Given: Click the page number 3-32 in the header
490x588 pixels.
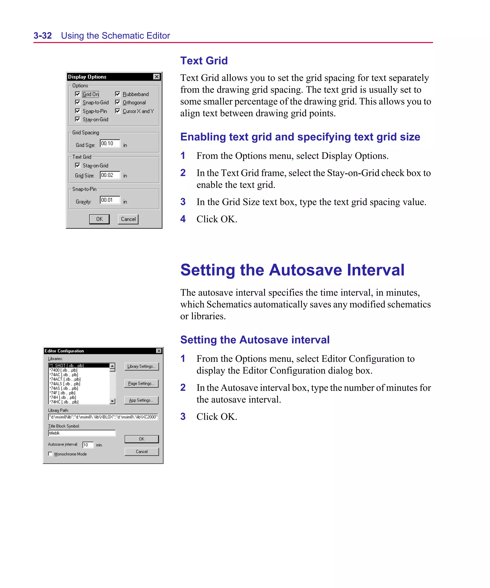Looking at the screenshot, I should [43, 36].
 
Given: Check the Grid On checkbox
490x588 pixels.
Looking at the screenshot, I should [78, 94].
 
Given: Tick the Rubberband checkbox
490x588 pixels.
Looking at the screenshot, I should [118, 94].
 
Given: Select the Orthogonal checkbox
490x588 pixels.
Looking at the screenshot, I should [118, 102].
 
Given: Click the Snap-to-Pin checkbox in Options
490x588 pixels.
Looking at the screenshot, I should [78, 111].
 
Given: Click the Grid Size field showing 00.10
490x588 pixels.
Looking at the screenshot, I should [110, 143].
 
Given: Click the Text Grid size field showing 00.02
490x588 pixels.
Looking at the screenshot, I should [110, 175].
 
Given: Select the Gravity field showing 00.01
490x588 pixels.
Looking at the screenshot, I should [110, 200].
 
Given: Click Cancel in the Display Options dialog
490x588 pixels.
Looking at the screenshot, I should [128, 219].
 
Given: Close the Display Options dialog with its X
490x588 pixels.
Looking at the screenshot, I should [156, 77].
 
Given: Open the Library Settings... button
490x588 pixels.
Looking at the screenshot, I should [141, 366].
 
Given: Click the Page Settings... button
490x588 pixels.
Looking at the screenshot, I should [141, 384].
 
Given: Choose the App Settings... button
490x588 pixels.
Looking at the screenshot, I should [141, 400].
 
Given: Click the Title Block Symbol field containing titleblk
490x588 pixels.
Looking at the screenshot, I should [82, 433].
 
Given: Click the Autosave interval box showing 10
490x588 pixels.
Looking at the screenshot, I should [88, 445].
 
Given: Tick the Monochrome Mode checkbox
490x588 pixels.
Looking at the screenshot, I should [50, 454].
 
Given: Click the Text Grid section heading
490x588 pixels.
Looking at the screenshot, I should [204, 61].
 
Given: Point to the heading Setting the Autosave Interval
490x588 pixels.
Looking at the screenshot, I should [292, 270].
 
